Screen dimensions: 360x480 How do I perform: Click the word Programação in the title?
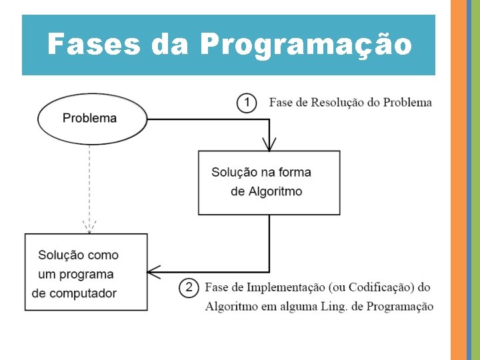[305, 45]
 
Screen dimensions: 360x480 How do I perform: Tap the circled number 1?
[247, 103]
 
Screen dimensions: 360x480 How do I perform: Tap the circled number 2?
[189, 287]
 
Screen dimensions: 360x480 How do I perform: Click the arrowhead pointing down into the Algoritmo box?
[269, 143]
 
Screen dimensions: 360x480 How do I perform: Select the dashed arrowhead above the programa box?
[89, 227]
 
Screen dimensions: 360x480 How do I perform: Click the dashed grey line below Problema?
[89, 180]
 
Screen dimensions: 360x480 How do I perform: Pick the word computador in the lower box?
[83, 293]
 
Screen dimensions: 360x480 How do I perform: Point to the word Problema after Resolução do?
[408, 103]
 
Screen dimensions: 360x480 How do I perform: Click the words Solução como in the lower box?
[78, 255]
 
